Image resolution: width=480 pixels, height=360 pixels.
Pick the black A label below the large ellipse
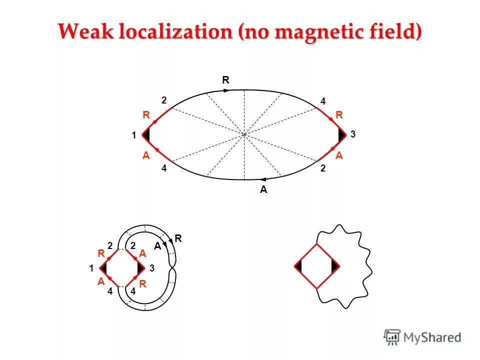[x=263, y=190]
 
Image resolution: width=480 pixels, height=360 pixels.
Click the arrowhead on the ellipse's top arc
[x=226, y=90]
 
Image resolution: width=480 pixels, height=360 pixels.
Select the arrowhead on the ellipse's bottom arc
[x=262, y=179]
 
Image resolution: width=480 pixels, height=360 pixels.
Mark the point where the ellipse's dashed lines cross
[x=244, y=134]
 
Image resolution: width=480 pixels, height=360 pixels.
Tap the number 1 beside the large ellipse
[x=133, y=135]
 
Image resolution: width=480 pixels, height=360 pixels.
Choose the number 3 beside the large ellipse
[x=353, y=134]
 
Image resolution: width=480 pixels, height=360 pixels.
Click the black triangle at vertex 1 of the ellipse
[x=146, y=134]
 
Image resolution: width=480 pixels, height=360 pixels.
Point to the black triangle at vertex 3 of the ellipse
[x=342, y=134]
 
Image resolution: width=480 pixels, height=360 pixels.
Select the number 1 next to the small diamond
[x=92, y=268]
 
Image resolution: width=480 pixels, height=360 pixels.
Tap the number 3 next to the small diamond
[x=152, y=268]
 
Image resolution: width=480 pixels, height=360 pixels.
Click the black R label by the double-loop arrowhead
[x=177, y=239]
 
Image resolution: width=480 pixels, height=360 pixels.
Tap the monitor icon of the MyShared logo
[x=392, y=336]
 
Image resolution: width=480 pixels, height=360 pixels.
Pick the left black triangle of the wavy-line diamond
[x=298, y=266]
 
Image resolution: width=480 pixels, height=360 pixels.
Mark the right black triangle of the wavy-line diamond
[x=334, y=266]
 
